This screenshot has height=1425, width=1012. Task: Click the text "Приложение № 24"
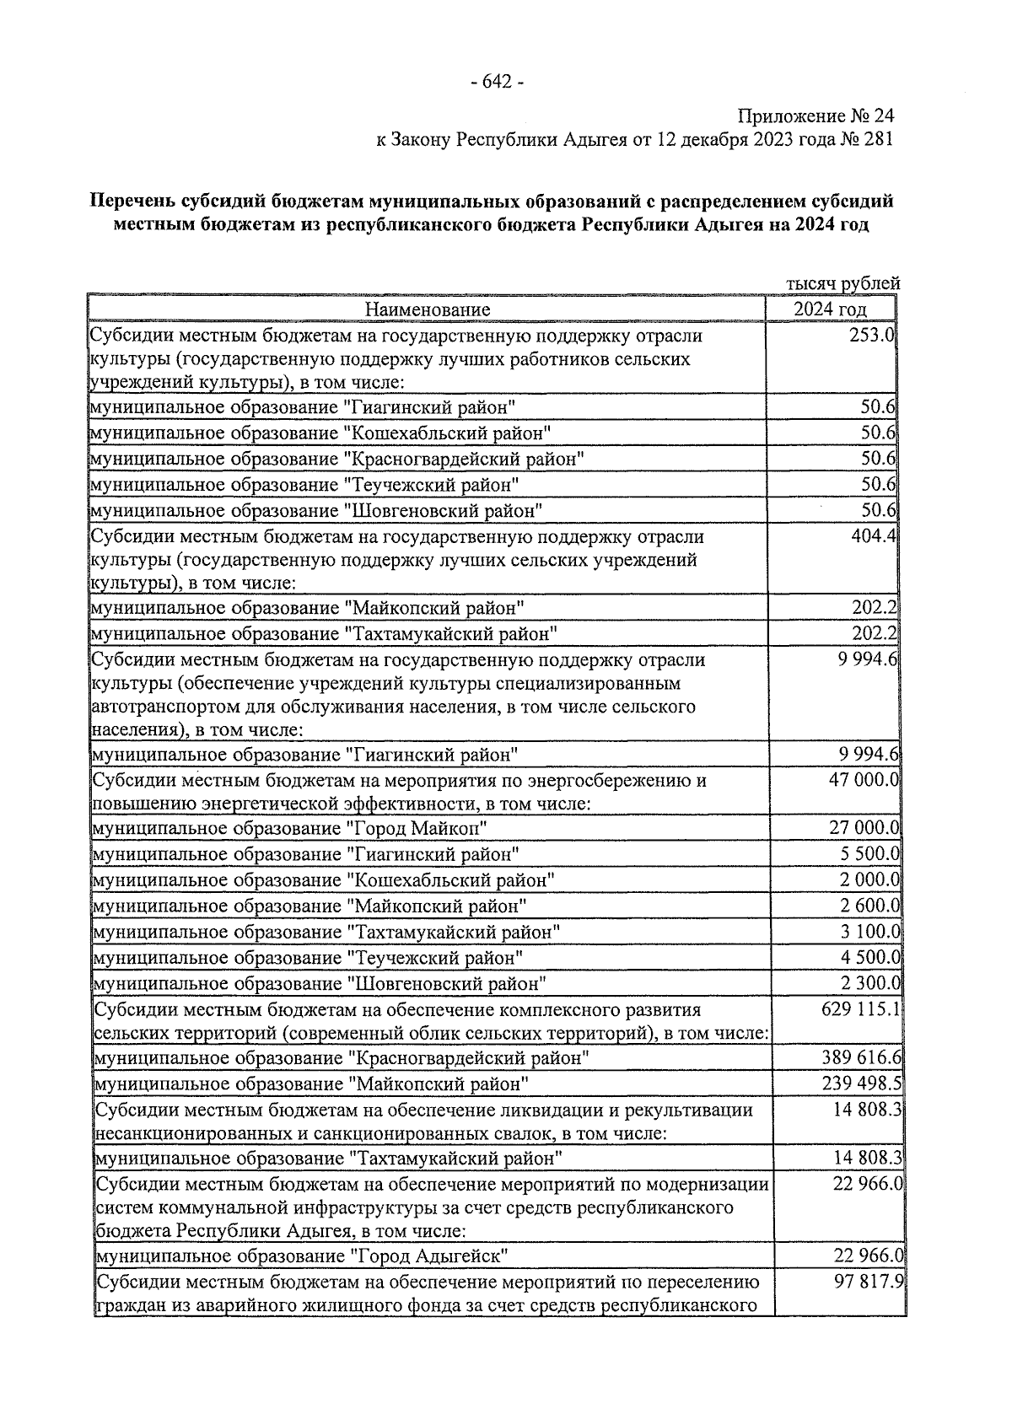click(815, 116)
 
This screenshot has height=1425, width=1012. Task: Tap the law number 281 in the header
click(877, 139)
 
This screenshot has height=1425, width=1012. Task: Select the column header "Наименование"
click(427, 309)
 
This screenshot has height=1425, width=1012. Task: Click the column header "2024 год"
click(830, 309)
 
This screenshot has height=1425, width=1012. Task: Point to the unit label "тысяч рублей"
click(842, 283)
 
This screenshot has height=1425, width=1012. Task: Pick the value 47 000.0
click(864, 779)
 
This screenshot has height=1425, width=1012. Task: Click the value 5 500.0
click(869, 854)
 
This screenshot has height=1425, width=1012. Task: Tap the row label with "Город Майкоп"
click(290, 828)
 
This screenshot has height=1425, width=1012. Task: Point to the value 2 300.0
click(869, 983)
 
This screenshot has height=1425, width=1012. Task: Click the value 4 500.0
click(869, 958)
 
